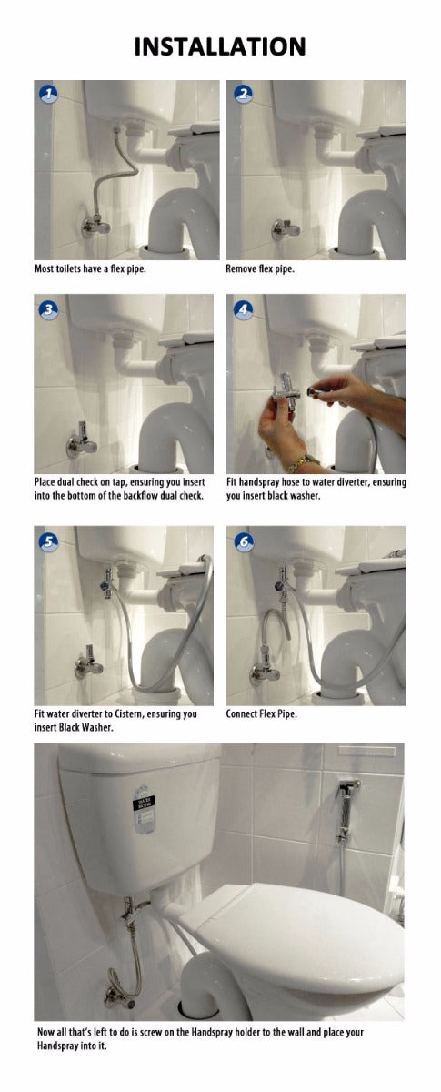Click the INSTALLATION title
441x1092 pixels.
pos(220,47)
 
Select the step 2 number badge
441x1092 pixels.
pos(243,94)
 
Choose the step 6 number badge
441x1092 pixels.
pos(243,542)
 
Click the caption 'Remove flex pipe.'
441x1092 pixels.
pos(260,270)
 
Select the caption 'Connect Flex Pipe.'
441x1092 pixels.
pos(261,714)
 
